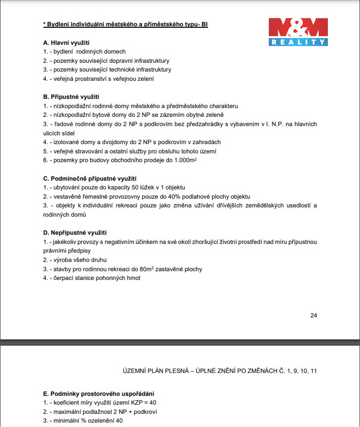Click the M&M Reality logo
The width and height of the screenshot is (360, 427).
tap(298, 32)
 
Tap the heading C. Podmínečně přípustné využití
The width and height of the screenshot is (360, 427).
tap(90, 178)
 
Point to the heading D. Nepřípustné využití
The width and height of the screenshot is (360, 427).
tap(75, 233)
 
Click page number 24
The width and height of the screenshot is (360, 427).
tap(314, 315)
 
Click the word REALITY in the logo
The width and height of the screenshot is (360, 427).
tap(298, 42)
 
